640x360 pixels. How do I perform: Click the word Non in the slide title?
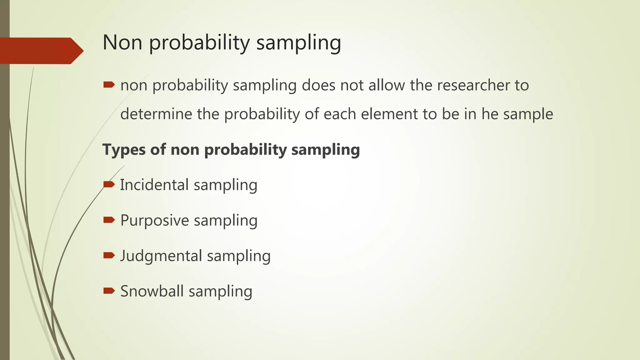click(x=122, y=42)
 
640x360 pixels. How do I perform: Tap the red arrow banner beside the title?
click(x=41, y=51)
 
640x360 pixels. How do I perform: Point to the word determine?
click(x=156, y=114)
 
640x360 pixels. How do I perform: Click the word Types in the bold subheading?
click(x=124, y=150)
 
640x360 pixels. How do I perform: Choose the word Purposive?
click(x=155, y=220)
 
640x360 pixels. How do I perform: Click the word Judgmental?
click(x=161, y=256)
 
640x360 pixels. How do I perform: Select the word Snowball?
click(x=152, y=291)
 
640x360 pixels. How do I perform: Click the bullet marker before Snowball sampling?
click(x=109, y=291)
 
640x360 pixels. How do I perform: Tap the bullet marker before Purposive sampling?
click(x=109, y=220)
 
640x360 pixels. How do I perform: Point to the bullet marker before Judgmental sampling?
click(x=109, y=256)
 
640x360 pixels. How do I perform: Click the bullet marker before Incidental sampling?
click(x=109, y=185)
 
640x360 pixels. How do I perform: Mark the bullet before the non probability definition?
click(x=109, y=85)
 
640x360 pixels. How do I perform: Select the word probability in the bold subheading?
click(x=245, y=150)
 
